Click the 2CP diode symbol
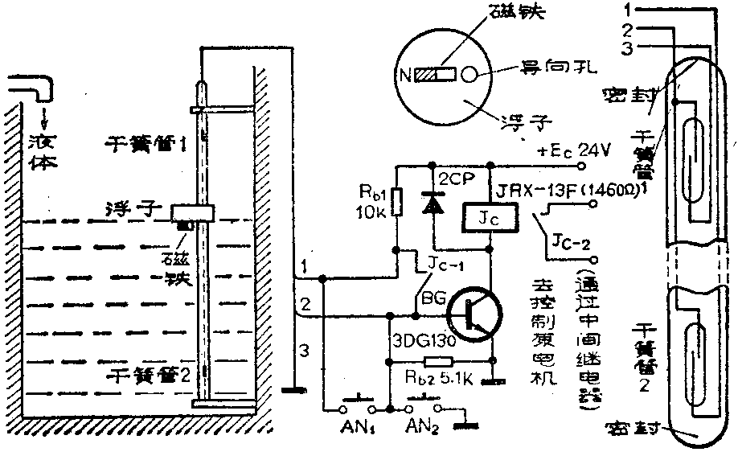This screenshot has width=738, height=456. [x=434, y=205]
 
